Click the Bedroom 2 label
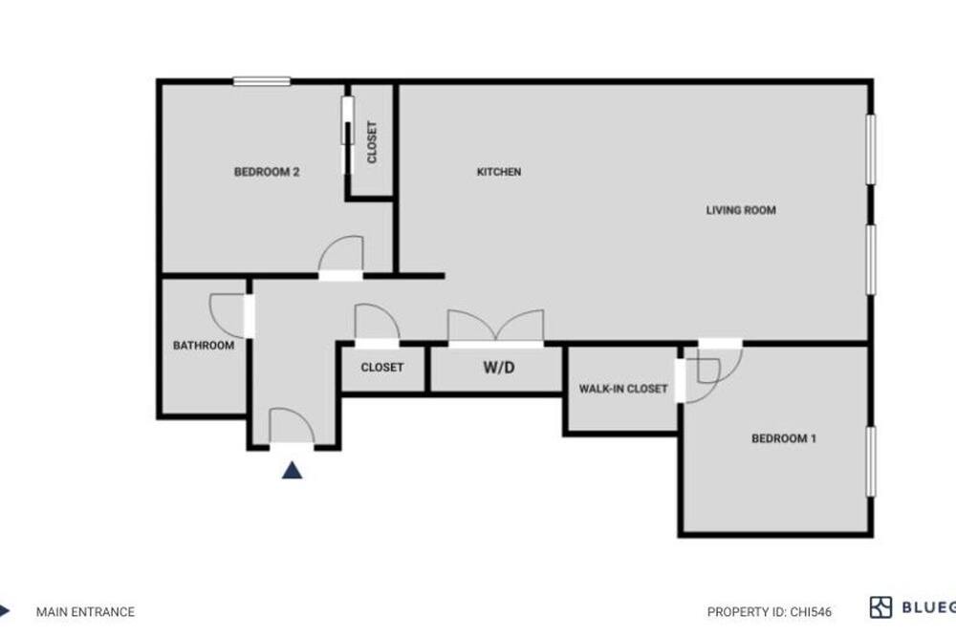(x=267, y=172)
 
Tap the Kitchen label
(x=499, y=172)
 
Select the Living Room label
(x=741, y=210)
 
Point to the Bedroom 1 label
(x=784, y=438)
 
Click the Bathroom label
(x=204, y=346)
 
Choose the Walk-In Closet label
(x=623, y=389)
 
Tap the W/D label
(x=499, y=368)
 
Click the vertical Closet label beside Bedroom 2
(x=372, y=142)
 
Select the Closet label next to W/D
(x=382, y=368)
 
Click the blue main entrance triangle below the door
(x=292, y=470)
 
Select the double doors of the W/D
(x=495, y=325)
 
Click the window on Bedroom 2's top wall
(x=262, y=81)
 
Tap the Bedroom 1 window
(x=871, y=461)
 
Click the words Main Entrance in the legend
(x=85, y=611)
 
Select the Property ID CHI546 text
(x=770, y=611)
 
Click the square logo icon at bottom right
(x=880, y=607)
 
